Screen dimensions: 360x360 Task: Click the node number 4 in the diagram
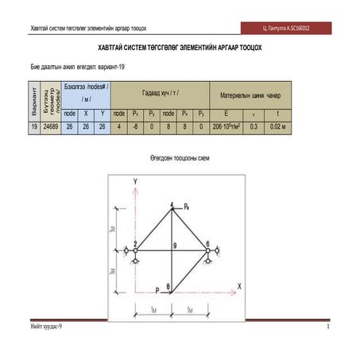coord(172,206)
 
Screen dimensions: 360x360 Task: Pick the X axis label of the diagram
coord(239,285)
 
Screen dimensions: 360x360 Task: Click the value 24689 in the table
coord(50,126)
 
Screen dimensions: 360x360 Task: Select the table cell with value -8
coord(136,126)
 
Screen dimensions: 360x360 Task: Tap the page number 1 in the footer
coord(327,327)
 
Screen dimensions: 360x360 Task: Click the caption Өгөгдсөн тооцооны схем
coord(179,158)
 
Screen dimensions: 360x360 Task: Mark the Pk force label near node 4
coord(186,206)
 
